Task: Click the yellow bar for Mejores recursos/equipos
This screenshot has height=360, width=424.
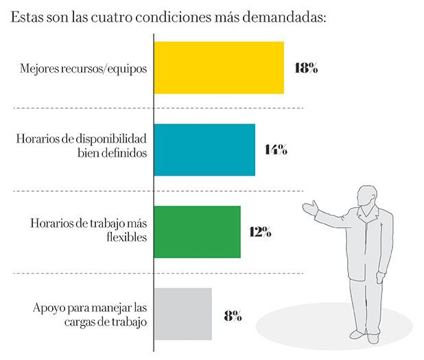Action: point(218,68)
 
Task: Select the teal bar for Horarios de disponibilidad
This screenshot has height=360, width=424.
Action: point(204,150)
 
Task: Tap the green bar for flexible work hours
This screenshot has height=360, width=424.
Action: point(197,232)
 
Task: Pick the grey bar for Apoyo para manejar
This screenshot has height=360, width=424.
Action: point(182,314)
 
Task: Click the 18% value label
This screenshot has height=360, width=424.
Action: point(305,69)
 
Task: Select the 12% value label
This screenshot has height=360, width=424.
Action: point(261,232)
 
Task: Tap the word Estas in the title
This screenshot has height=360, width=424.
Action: point(26,16)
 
